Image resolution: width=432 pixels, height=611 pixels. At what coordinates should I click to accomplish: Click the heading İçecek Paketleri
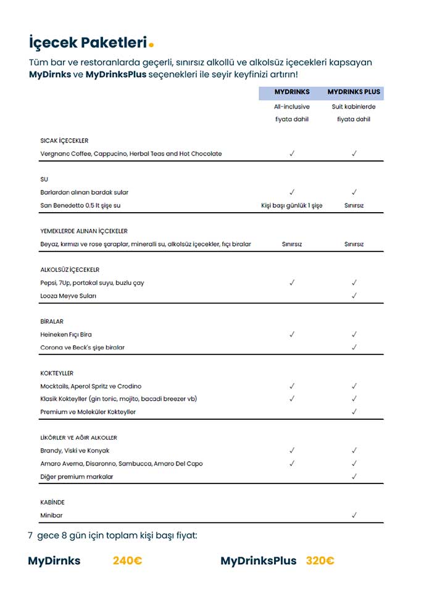(88, 43)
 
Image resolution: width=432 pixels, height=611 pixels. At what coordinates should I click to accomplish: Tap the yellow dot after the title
(151, 44)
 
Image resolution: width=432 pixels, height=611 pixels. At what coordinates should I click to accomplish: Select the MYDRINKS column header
(292, 92)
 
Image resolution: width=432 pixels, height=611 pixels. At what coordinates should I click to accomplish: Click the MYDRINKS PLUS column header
(354, 92)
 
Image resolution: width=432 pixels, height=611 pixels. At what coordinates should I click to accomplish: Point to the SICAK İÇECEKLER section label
(64, 141)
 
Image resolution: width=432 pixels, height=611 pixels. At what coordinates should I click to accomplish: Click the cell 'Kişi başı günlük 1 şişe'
(292, 205)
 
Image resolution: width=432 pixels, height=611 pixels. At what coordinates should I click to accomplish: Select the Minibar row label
(51, 515)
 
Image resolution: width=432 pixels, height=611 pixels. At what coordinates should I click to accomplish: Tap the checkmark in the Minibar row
(354, 515)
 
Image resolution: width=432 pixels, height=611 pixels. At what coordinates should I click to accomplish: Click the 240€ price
(127, 561)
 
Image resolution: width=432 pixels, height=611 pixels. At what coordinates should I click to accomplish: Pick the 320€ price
(320, 561)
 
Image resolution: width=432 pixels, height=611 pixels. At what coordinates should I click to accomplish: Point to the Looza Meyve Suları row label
(68, 296)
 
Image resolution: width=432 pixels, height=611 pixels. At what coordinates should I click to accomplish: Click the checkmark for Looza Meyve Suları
(354, 296)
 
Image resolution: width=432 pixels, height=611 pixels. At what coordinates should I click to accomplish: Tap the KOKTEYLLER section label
(57, 373)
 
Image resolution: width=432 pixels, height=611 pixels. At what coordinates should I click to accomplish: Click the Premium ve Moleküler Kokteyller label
(88, 412)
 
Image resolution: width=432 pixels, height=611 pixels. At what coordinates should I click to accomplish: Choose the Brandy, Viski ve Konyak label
(75, 451)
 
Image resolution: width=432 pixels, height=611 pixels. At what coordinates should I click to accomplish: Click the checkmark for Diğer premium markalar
(354, 477)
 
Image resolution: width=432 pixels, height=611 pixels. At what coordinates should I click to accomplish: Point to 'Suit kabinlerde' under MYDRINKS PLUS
(354, 107)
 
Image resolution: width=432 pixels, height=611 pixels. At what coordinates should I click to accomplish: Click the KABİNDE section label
(52, 502)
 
